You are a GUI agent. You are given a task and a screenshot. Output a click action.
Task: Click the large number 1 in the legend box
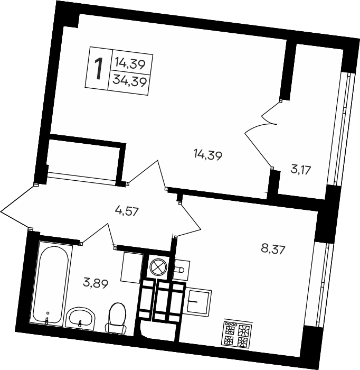pos(99,69)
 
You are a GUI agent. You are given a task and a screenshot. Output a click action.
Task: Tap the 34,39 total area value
pos(130,81)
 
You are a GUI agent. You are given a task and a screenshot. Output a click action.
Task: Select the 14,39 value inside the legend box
pos(130,64)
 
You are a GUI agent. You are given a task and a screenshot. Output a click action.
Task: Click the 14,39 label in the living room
pos(208,155)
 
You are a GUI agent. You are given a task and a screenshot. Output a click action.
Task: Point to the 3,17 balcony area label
pos(301,170)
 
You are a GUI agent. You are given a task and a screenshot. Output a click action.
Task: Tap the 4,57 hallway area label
pos(126,211)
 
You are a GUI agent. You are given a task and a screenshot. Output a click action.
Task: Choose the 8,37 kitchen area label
pos(273,249)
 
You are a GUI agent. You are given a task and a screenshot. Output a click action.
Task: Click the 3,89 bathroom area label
pos(96,283)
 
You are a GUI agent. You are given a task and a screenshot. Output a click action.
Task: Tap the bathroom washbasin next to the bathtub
pos(80,318)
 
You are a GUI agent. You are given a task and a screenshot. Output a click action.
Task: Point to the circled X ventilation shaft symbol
pos(158,267)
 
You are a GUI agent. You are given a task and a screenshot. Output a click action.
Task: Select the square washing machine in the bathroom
pos(132,267)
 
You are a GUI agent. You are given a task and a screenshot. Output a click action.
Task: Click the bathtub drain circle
pos(48,313)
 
